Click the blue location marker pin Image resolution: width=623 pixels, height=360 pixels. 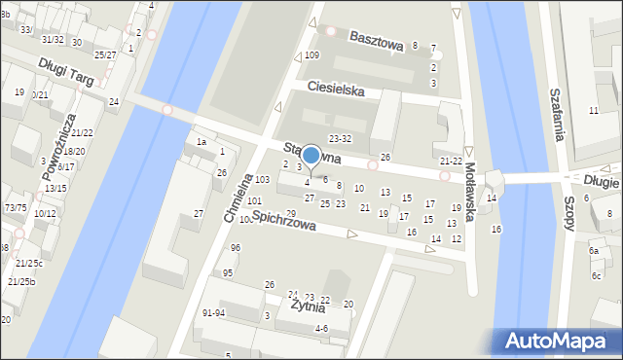(x=311, y=156)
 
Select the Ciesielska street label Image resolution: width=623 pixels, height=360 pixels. (x=335, y=89)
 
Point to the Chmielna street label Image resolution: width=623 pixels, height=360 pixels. (x=238, y=198)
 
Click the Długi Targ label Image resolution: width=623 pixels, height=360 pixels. (x=66, y=73)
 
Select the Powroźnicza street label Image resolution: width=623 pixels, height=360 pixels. (x=58, y=147)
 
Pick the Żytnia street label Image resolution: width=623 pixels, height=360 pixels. (x=308, y=307)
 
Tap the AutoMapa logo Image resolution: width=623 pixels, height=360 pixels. (x=558, y=341)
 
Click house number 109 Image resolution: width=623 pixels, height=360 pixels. (x=311, y=55)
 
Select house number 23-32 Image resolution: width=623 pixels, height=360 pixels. (x=340, y=139)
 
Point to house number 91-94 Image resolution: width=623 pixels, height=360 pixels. (x=213, y=313)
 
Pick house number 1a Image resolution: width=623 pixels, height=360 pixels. (x=202, y=142)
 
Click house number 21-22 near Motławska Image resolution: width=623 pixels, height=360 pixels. (x=451, y=162)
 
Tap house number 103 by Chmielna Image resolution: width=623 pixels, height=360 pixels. (x=262, y=180)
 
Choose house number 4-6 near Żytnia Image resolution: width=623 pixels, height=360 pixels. (x=321, y=329)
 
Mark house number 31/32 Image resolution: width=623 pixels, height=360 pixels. (x=53, y=40)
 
